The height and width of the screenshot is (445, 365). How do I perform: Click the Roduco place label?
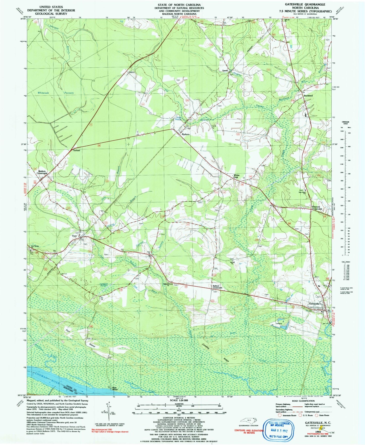point(186,134)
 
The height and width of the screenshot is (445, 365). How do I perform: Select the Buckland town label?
point(308,96)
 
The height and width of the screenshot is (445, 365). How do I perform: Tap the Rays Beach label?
point(115,389)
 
